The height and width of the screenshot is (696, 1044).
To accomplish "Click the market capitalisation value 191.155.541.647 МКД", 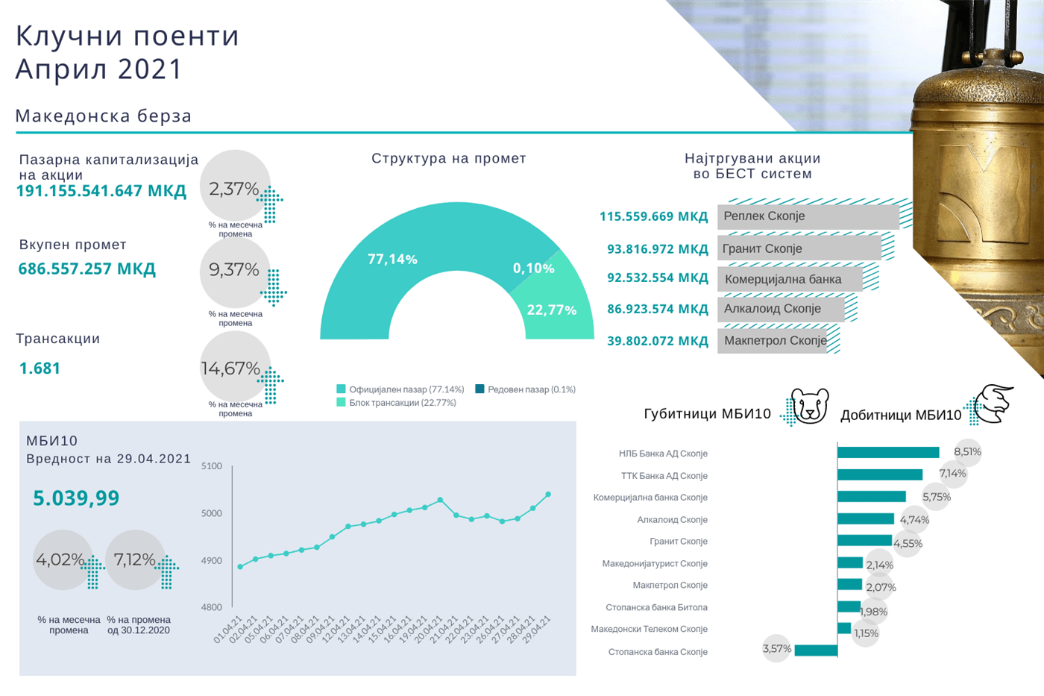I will click(101, 191).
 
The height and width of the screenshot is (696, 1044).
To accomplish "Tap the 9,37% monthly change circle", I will click(234, 270).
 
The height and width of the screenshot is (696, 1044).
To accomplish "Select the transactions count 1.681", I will click(40, 369).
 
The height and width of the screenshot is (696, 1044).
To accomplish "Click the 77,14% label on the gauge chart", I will click(392, 260).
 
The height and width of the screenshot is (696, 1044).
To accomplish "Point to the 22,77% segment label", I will click(551, 310).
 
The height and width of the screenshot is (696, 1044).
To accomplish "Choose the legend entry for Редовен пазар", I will click(525, 389).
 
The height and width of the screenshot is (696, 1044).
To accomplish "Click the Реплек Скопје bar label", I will click(764, 216).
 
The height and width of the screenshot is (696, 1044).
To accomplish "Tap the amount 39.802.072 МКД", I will click(657, 341).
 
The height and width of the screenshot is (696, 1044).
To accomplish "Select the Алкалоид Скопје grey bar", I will click(780, 309).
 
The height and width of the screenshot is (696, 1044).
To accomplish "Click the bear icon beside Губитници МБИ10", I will click(809, 406).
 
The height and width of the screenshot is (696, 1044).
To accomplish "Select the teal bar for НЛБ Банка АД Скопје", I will click(887, 453).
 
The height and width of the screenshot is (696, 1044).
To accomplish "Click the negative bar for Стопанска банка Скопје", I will click(816, 651).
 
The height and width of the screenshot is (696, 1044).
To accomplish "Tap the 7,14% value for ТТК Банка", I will click(952, 474).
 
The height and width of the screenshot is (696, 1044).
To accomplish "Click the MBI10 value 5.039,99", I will click(76, 498).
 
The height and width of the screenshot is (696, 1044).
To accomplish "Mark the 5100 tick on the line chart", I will click(212, 466).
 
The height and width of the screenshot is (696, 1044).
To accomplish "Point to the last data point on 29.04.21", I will click(548, 495).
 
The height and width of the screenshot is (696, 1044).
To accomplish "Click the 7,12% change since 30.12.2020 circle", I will click(135, 559).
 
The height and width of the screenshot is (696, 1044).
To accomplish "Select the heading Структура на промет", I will click(448, 159).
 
